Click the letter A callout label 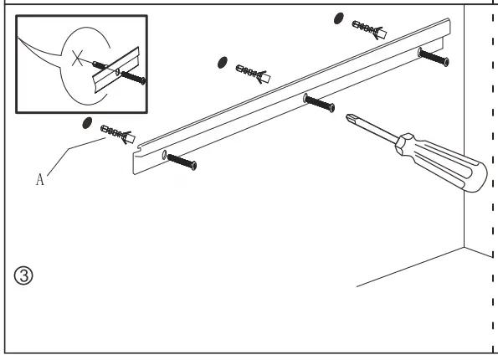39,179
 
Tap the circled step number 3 23,275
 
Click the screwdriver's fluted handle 444,164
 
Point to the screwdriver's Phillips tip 349,117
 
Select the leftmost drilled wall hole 87,123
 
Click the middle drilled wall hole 223,63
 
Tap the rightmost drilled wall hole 339,18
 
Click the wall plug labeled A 118,135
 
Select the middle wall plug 253,74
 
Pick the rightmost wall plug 369,30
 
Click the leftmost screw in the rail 182,162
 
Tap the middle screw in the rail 319,104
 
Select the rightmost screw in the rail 434,58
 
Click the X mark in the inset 78,58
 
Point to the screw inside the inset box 133,78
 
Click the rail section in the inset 116,70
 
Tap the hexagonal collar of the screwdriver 404,145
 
